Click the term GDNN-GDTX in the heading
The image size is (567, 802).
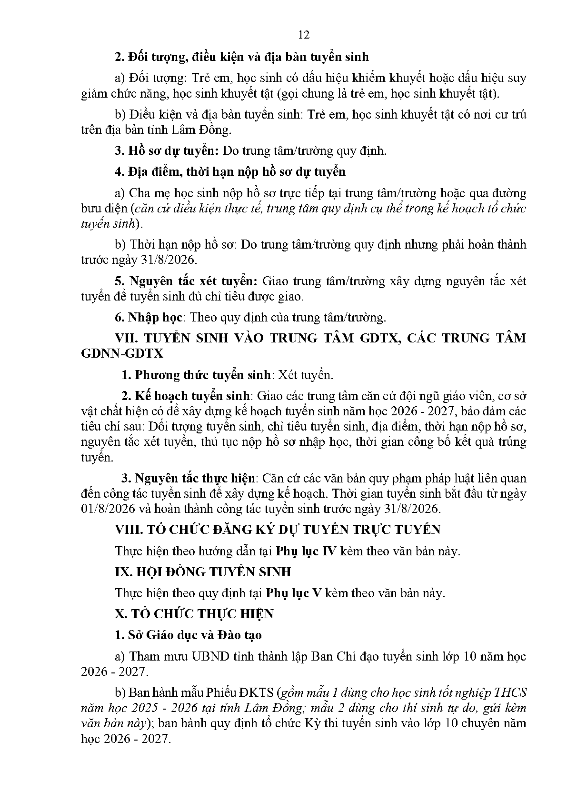[122, 354]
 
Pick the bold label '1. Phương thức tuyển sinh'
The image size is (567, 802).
[196, 375]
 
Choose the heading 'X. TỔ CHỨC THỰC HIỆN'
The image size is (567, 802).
[194, 614]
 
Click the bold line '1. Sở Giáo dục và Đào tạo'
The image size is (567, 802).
[188, 635]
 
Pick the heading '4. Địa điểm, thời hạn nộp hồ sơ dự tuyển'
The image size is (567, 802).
[230, 171]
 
